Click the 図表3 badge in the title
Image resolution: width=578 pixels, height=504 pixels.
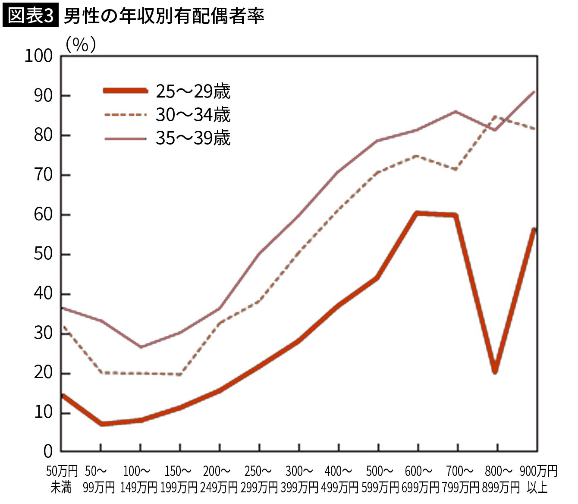(x=30, y=15)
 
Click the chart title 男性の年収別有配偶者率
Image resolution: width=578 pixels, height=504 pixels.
(x=164, y=16)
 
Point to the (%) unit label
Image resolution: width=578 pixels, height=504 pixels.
(x=81, y=44)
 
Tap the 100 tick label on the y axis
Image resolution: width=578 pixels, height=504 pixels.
(x=39, y=56)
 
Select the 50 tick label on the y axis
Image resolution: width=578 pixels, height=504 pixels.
(x=43, y=254)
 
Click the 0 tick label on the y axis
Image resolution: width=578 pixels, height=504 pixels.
(x=48, y=451)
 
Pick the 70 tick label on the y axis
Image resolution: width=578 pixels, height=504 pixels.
(x=43, y=175)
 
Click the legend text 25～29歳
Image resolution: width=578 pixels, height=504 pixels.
(x=193, y=91)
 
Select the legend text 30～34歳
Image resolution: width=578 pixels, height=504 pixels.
(x=193, y=115)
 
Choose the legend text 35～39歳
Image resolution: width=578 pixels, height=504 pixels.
(x=193, y=138)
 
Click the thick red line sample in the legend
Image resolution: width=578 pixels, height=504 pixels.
(x=126, y=91)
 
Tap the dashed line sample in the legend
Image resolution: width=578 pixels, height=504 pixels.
(x=126, y=114)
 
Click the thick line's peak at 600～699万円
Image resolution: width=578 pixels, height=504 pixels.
(x=418, y=213)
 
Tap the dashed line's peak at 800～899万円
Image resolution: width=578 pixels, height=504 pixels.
(x=495, y=117)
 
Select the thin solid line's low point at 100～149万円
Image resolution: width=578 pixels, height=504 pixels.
(x=141, y=346)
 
